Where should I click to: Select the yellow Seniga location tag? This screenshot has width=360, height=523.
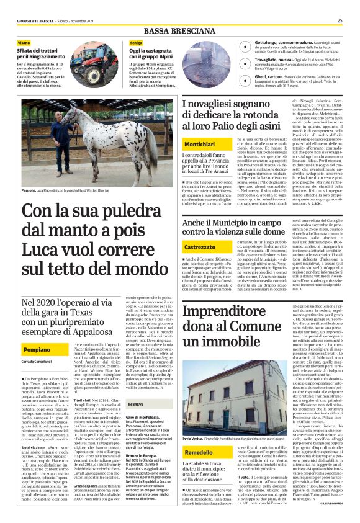(x=136, y=42)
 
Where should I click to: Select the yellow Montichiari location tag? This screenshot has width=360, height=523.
(x=200, y=144)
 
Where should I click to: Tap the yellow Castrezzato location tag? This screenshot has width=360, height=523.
(x=199, y=248)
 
